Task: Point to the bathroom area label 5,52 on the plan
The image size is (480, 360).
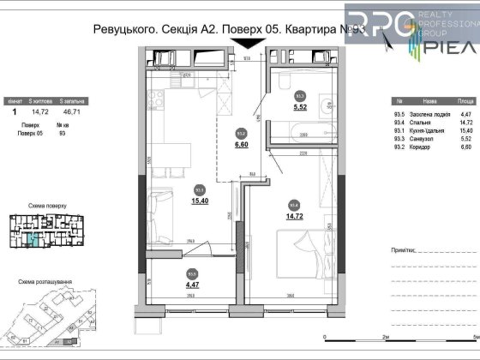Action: pyautogui.click(x=300, y=108)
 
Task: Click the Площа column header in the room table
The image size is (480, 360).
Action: pyautogui.click(x=459, y=99)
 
